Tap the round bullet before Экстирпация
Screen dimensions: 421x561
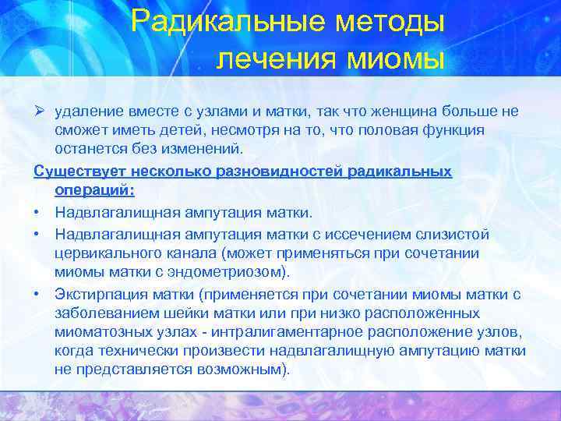[x=37, y=294]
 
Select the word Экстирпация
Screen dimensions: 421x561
[x=101, y=294]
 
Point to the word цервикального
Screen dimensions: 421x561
[x=103, y=252]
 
